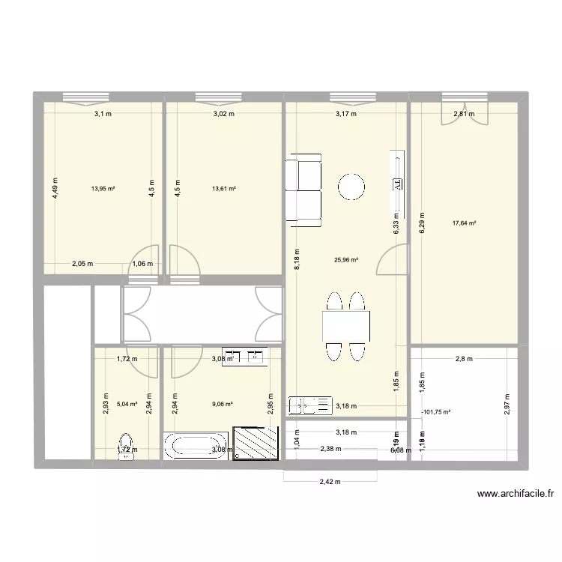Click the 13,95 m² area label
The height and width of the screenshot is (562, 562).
pos(103,189)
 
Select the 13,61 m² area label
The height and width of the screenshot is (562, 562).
pos(225,189)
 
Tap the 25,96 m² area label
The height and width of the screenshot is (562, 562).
pos(345,261)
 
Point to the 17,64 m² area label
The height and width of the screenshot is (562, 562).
pos(465,223)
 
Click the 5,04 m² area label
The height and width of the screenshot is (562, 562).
pos(127,404)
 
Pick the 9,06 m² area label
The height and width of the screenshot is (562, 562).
pos(222,404)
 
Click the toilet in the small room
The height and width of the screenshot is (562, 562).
pos(126,445)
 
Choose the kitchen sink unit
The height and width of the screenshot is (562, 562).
pos(310,405)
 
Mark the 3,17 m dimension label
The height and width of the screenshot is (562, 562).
pos(345,114)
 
